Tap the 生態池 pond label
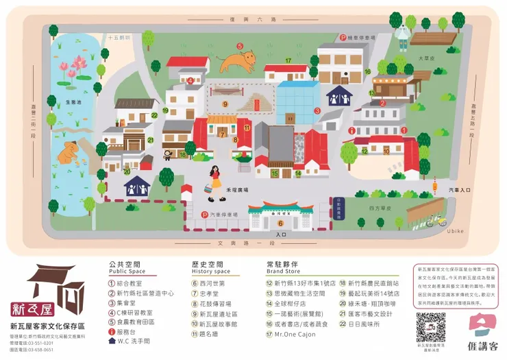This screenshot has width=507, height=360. click(73, 101)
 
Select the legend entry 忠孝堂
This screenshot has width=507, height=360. click(208, 292)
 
